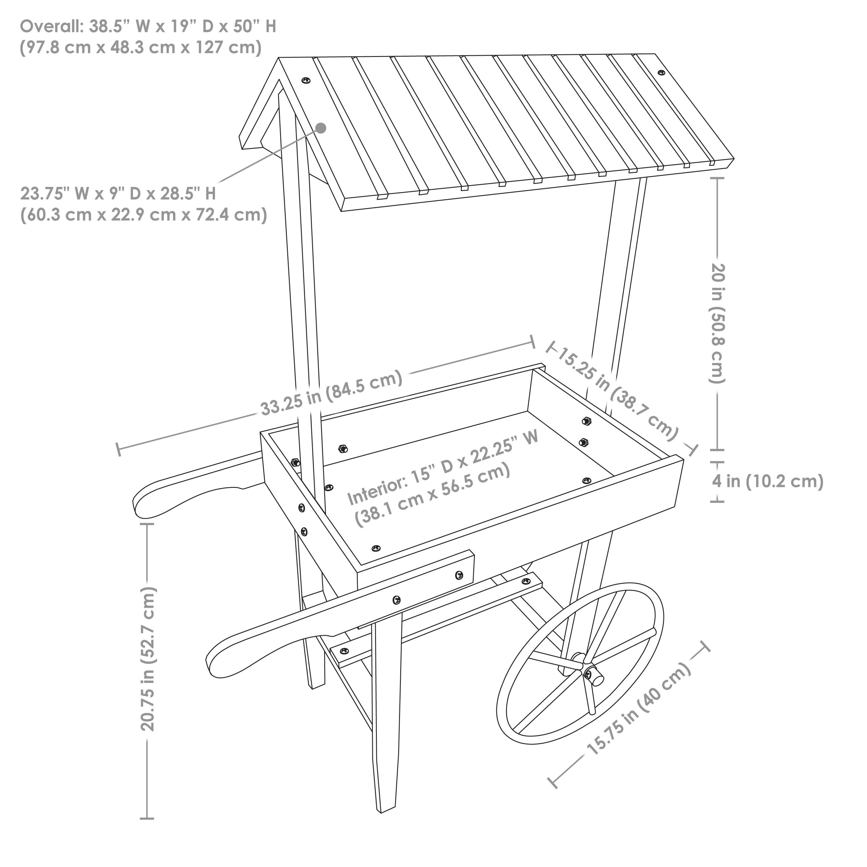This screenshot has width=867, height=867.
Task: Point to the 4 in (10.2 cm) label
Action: (x=767, y=481)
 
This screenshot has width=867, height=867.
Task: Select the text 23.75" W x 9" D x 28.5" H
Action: (x=118, y=194)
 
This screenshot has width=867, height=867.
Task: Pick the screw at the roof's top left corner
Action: (x=307, y=80)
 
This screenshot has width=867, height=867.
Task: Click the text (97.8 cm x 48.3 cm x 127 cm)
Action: (x=140, y=48)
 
